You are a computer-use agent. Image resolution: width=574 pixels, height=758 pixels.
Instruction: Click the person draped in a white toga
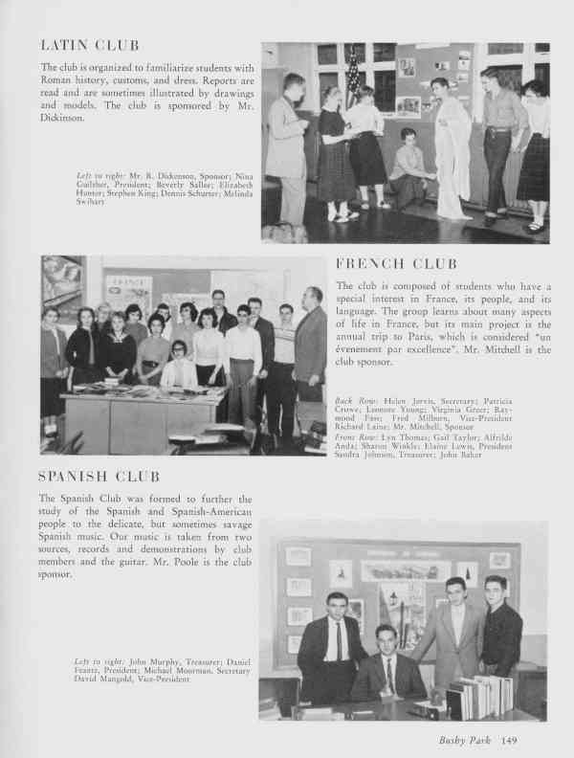pos(450,144)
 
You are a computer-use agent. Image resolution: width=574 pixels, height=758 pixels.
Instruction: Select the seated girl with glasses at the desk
pos(178,364)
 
